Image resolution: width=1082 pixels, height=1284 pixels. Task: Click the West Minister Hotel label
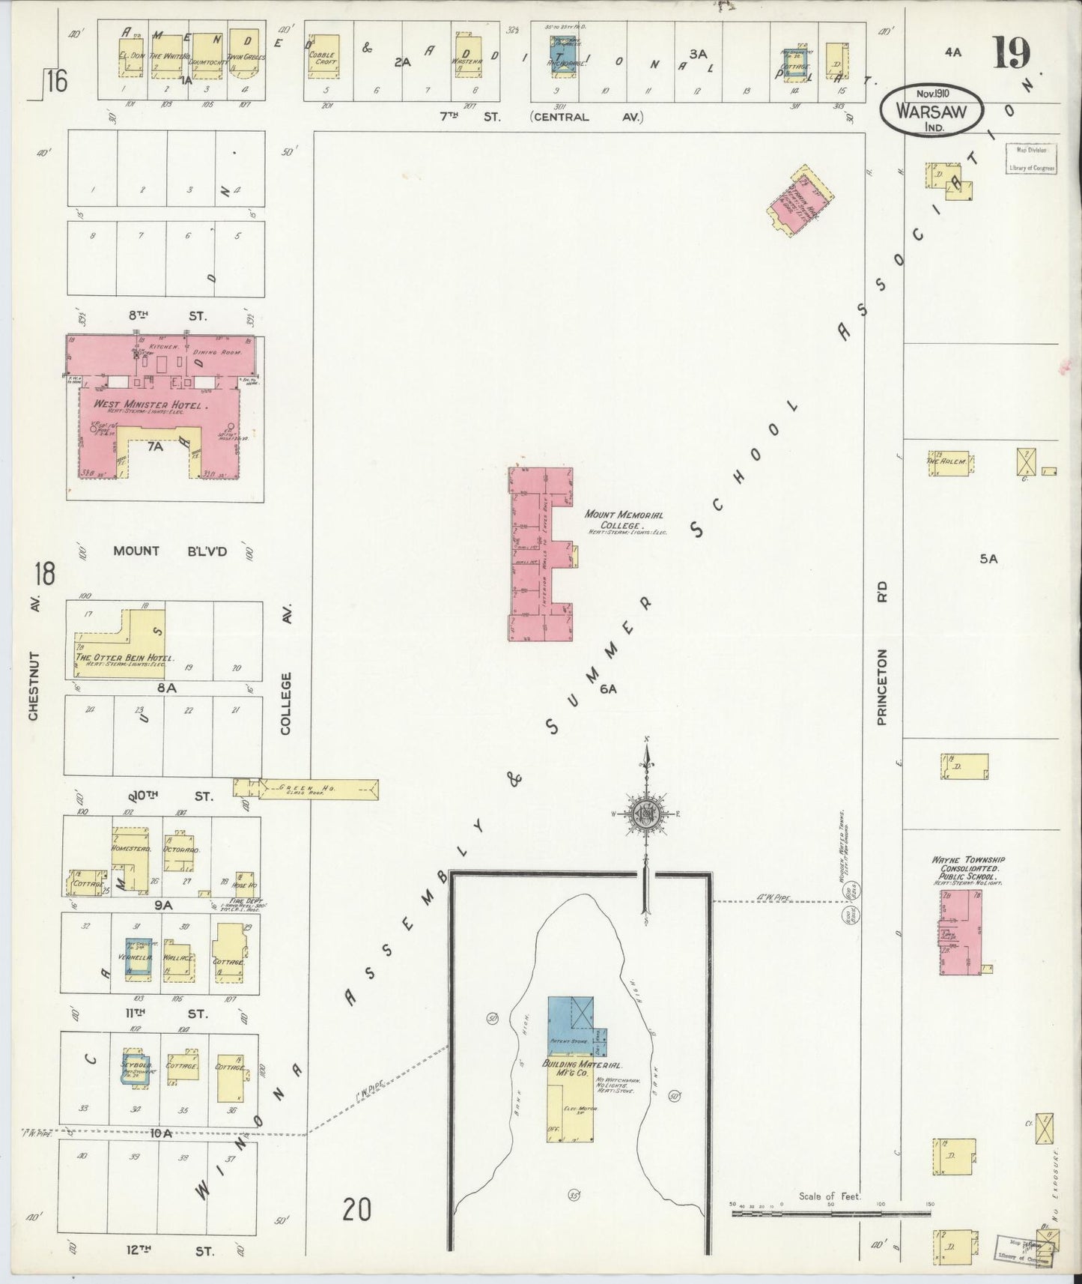pos(150,405)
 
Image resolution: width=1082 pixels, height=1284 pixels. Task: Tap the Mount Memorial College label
pos(614,519)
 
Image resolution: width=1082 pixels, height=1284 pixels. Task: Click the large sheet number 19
pos(1012,52)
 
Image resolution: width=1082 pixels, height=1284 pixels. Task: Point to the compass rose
pos(646,814)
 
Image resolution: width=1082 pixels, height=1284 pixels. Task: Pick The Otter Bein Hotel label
pos(124,657)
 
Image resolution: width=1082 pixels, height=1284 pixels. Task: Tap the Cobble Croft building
pos(323,57)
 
